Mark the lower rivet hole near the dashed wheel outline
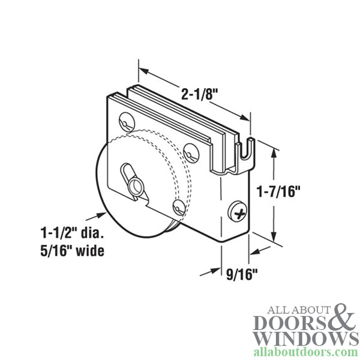[x=179, y=206]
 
